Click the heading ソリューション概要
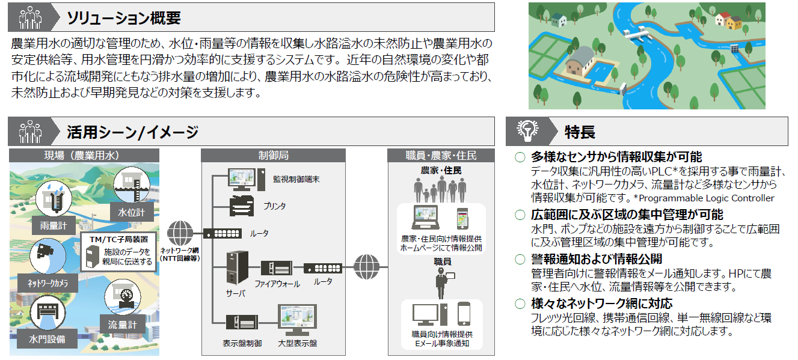(124, 17)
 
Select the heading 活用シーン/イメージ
(132, 132)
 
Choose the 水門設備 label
(47, 340)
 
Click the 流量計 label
(122, 325)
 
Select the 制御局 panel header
(273, 155)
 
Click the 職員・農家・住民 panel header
(441, 155)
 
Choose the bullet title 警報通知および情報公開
(597, 259)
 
